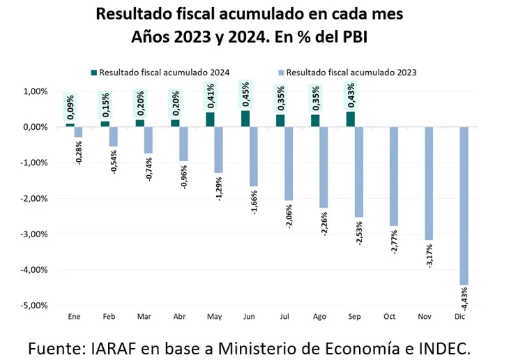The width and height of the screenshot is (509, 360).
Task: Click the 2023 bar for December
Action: click(464, 206)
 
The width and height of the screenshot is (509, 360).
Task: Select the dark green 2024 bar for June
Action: click(245, 119)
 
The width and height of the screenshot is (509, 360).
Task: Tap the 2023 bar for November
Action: click(428, 183)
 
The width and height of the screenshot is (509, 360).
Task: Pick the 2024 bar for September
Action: click(350, 119)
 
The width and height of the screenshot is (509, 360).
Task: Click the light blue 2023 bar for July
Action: click(289, 163)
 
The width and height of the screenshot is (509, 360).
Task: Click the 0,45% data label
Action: click(245, 96)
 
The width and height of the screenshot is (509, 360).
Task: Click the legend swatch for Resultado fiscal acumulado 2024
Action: click(94, 71)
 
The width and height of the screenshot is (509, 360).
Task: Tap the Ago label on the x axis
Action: click(319, 317)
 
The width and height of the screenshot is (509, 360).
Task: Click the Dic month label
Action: click(459, 317)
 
